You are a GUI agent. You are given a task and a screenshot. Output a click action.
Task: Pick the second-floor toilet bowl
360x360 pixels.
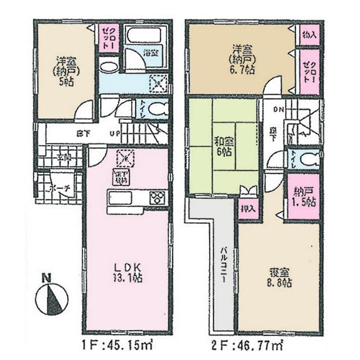[x=308, y=159]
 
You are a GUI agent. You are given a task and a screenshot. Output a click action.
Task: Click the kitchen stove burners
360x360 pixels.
[x=157, y=198]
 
